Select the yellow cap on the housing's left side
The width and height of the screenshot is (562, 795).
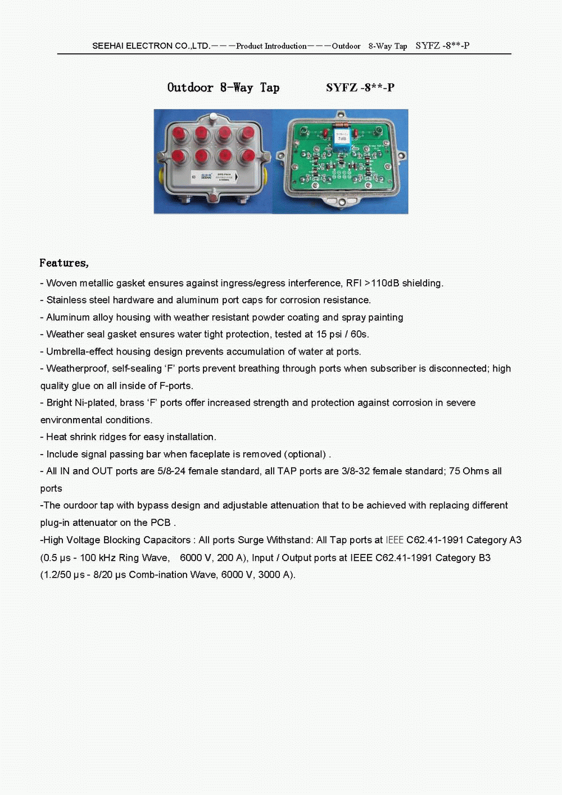(x=161, y=171)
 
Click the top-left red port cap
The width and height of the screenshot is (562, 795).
(x=180, y=134)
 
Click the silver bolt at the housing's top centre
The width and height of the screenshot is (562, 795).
(x=213, y=117)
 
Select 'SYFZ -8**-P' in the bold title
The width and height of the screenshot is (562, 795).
(x=360, y=88)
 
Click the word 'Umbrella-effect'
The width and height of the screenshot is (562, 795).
(x=80, y=352)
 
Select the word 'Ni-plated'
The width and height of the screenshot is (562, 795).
(x=96, y=403)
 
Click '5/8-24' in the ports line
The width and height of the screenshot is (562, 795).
(x=171, y=471)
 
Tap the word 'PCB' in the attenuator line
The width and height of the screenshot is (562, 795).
(x=161, y=523)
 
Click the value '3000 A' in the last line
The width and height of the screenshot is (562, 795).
(x=274, y=575)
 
